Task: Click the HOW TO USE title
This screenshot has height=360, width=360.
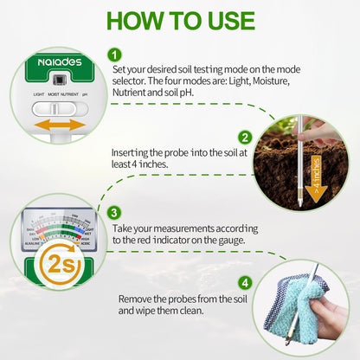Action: point(180,21)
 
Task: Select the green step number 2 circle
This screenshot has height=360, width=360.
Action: point(245,138)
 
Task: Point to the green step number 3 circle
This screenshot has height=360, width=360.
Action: point(113,213)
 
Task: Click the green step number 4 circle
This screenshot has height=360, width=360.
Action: point(245,282)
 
